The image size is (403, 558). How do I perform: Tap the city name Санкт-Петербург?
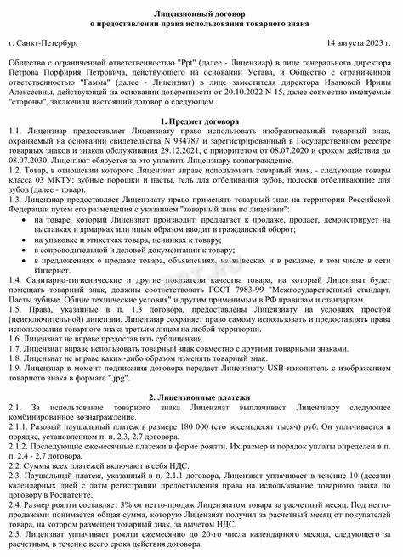(x=52, y=42)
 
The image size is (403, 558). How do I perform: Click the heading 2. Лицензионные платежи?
(x=201, y=398)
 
